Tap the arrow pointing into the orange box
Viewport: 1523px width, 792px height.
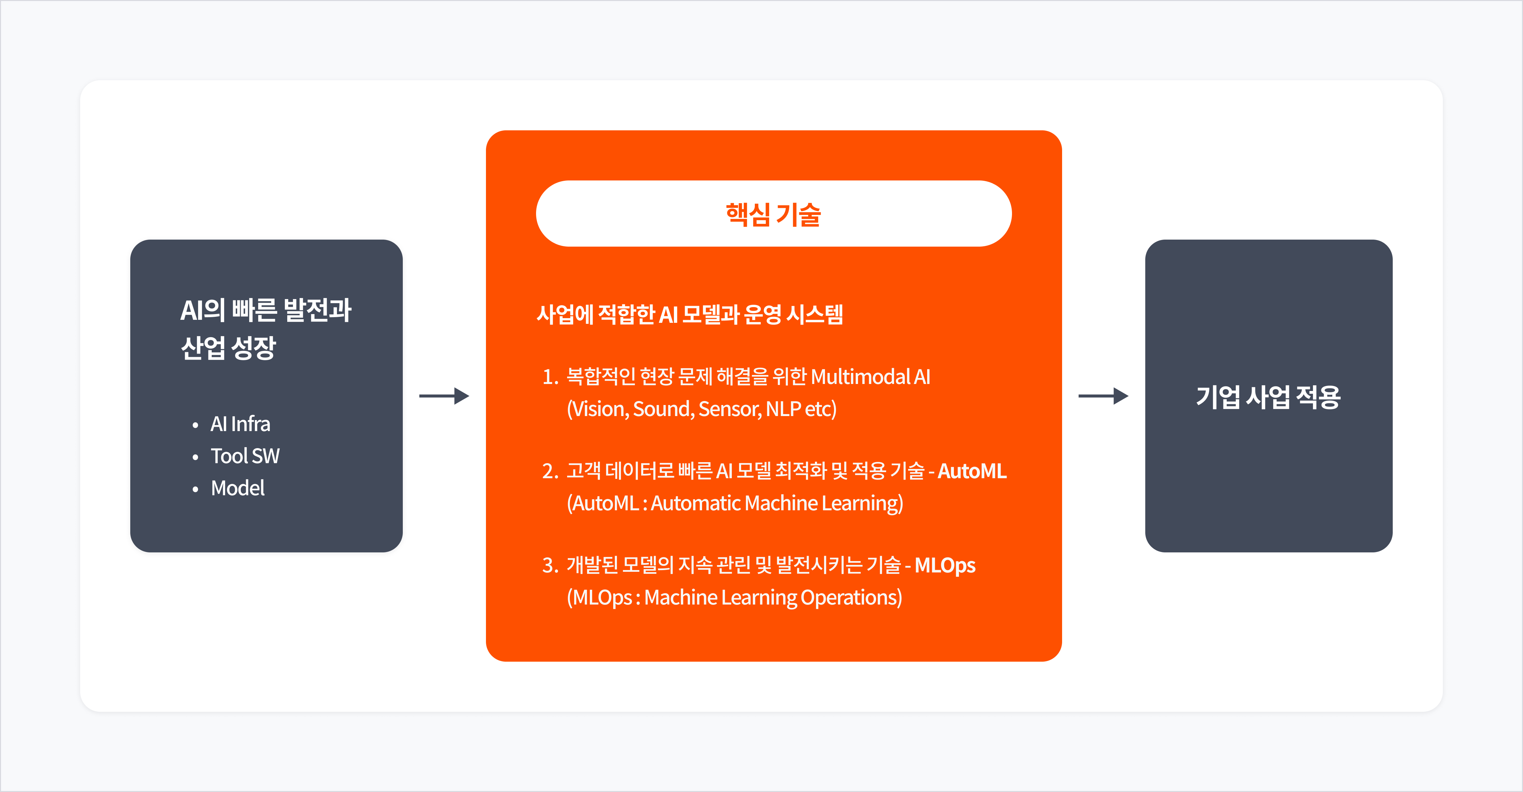click(444, 396)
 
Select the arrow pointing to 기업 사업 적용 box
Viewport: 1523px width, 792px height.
click(1103, 396)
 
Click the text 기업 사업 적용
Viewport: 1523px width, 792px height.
click(1268, 396)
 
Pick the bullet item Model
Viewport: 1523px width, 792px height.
click(238, 488)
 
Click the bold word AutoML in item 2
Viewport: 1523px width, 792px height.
click(972, 471)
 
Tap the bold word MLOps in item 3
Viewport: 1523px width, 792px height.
click(945, 565)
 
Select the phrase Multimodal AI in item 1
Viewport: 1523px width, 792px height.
click(870, 377)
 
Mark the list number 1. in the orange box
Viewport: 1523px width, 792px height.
click(550, 377)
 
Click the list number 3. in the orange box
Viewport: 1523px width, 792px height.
click(550, 565)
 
